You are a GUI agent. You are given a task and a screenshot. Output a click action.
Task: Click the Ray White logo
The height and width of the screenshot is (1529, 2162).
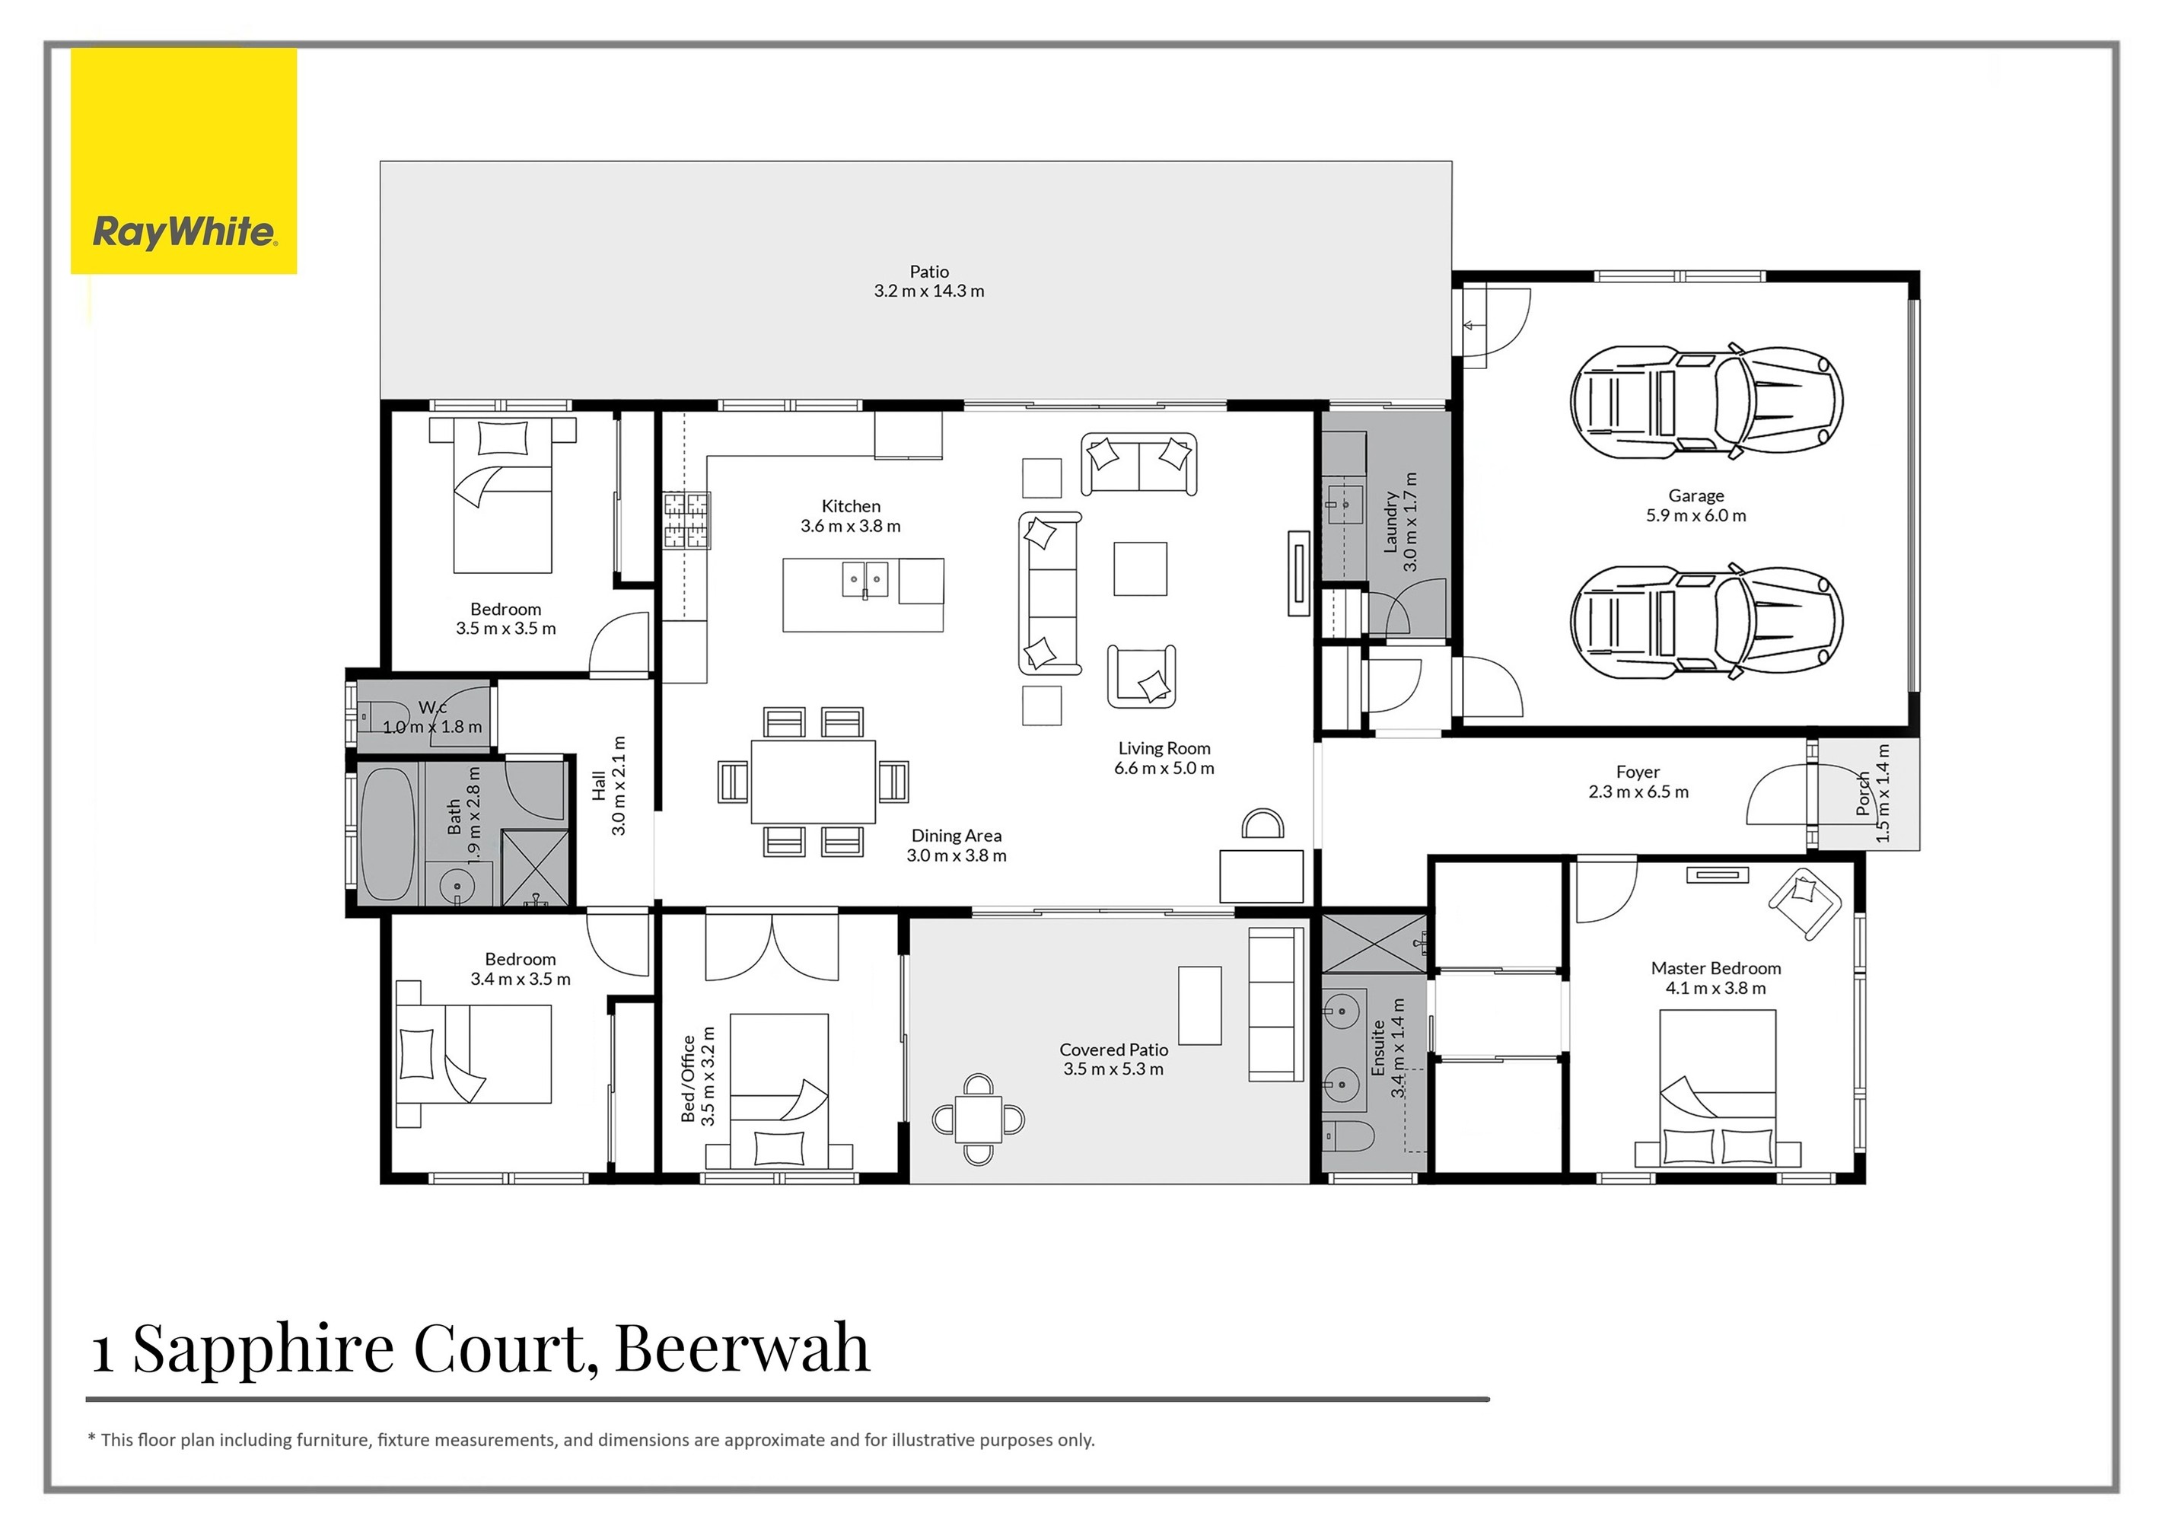(183, 231)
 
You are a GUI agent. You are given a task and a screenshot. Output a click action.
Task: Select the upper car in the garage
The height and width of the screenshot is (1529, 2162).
(1705, 402)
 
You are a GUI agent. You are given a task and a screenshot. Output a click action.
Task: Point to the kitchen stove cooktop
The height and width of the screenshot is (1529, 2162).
(686, 521)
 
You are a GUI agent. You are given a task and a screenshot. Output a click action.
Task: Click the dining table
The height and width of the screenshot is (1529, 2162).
(813, 782)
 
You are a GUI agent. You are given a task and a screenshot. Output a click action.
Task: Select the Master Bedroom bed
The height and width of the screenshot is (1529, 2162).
(1717, 1092)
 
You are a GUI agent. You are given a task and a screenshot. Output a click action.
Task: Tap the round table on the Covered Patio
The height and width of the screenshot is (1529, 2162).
(979, 1120)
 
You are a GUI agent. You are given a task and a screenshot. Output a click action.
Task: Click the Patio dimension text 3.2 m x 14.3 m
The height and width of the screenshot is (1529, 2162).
(928, 291)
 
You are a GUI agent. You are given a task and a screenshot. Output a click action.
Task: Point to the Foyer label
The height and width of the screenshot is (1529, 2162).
(1638, 772)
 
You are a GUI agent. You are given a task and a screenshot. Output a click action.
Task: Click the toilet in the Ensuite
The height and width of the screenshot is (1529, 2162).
(1346, 1136)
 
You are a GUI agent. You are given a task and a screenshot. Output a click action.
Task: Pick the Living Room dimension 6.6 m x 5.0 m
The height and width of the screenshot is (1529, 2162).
(1164, 768)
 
